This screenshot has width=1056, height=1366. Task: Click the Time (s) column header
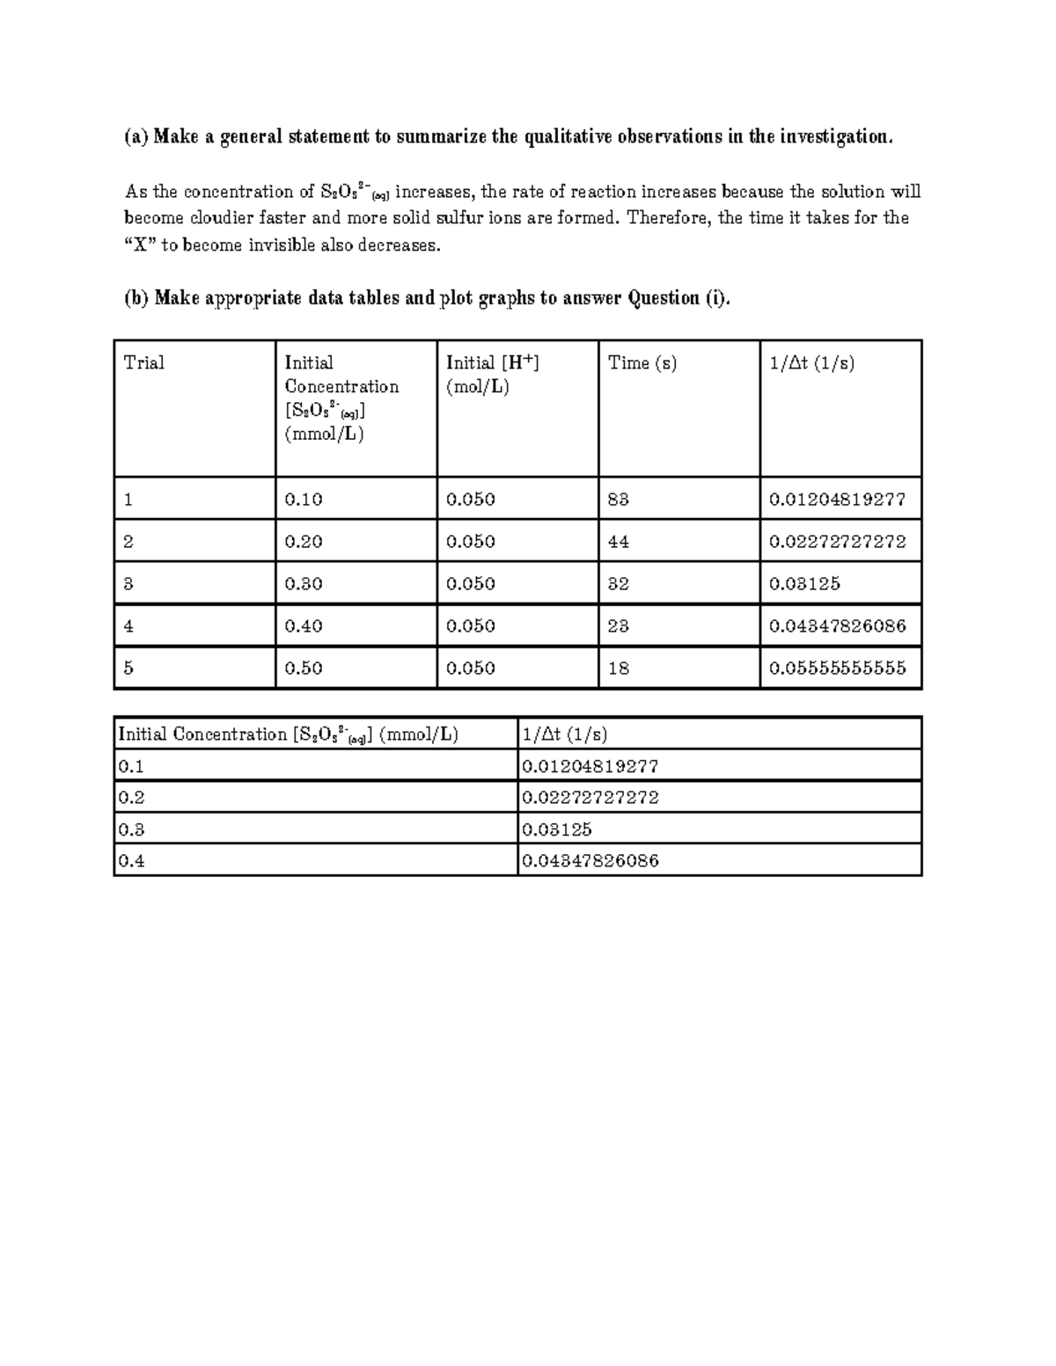642,363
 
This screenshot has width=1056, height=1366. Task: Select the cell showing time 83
619,500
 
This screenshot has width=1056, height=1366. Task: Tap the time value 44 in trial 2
619,542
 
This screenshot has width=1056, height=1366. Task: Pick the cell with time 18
619,668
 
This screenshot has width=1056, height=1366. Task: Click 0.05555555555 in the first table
837,668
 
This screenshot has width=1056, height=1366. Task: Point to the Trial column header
144,363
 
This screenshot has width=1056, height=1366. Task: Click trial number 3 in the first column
128,584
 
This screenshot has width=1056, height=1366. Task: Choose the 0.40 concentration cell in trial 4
304,626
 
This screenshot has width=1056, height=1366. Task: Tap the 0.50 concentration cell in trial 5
304,668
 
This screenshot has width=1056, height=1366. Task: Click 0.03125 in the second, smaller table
556,829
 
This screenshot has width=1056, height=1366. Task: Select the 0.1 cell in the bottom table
131,766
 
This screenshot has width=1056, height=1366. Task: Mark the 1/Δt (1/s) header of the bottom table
564,734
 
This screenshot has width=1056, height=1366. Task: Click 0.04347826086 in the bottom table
590,861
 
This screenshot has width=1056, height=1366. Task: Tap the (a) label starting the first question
136,137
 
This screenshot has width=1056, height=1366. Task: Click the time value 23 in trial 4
619,626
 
